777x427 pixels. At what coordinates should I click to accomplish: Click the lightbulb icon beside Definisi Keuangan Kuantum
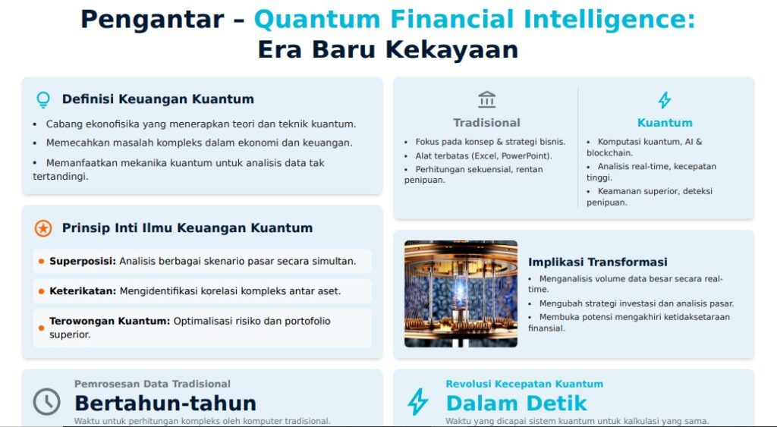click(x=43, y=99)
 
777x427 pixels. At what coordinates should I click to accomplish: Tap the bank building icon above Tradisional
click(x=486, y=99)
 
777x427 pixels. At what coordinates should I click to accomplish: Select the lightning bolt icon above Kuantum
click(x=665, y=100)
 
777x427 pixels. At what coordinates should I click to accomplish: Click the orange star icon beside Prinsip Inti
click(x=43, y=228)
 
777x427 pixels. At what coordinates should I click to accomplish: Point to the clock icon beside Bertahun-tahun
click(x=46, y=401)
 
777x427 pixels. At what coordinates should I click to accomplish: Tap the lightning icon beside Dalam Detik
click(x=418, y=401)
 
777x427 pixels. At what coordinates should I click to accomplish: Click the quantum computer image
click(x=461, y=294)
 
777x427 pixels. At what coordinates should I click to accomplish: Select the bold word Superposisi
click(x=83, y=262)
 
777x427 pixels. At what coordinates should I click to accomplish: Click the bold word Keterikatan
click(x=83, y=291)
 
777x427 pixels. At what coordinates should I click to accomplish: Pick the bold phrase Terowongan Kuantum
click(x=109, y=321)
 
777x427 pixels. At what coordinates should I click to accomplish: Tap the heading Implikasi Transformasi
click(x=598, y=262)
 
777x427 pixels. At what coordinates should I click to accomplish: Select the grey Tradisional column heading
click(x=486, y=123)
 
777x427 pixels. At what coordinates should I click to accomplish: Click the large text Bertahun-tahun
click(x=165, y=403)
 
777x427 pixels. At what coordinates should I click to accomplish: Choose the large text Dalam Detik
click(x=516, y=403)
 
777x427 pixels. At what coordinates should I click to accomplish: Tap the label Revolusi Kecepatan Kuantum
click(x=524, y=384)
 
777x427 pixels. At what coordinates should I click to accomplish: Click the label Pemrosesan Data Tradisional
click(x=153, y=384)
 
